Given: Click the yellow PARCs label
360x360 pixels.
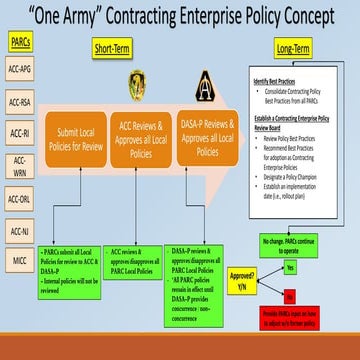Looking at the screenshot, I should click(x=21, y=44).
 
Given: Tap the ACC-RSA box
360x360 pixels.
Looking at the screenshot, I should click(x=21, y=102).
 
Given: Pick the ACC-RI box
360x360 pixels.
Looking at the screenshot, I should click(x=21, y=133).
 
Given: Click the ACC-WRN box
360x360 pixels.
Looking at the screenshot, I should click(x=21, y=165).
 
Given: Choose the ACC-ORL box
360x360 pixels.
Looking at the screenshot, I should click(x=21, y=199).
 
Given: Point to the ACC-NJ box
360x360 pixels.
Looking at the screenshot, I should click(x=21, y=231).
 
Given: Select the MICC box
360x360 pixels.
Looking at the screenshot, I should click(x=21, y=262).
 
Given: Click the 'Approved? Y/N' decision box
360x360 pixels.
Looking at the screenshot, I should click(x=242, y=276).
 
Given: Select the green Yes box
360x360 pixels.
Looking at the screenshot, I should click(x=291, y=269).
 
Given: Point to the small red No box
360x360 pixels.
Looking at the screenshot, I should click(x=291, y=295).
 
